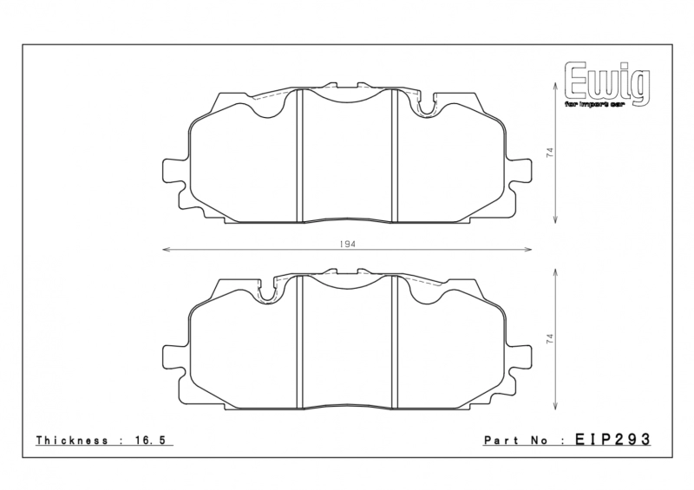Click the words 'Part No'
[x=514, y=441]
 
